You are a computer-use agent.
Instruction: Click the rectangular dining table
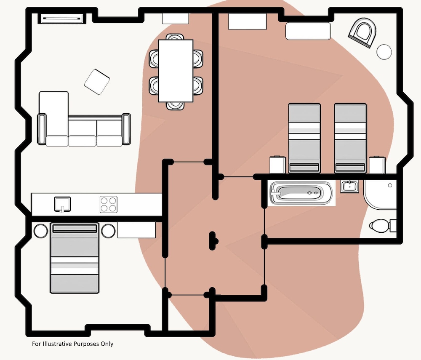(x=176, y=70)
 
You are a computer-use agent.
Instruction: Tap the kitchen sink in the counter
(x=62, y=204)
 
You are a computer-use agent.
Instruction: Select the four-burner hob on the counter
(x=108, y=204)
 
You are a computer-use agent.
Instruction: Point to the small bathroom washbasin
(x=349, y=186)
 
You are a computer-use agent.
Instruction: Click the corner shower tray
(x=379, y=195)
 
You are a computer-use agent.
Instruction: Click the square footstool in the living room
(x=97, y=81)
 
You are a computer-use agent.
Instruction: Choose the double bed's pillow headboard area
(x=74, y=229)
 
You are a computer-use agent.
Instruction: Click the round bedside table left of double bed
(x=41, y=231)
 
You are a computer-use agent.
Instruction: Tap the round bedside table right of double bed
(x=108, y=231)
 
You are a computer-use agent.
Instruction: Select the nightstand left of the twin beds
(x=278, y=165)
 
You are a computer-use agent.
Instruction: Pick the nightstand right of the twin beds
(x=377, y=165)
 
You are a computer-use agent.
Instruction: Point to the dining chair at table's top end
(x=175, y=37)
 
